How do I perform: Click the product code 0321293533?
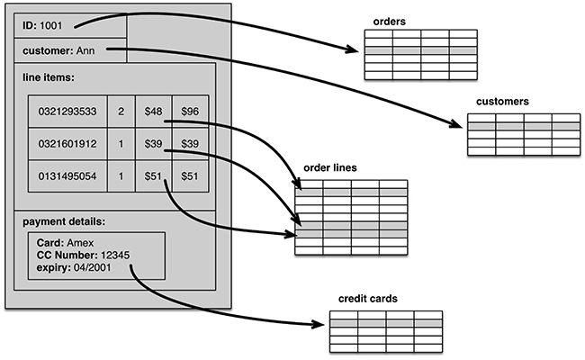point(67,112)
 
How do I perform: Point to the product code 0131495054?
point(67,176)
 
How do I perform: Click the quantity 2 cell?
point(121,112)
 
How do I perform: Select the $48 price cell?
point(154,112)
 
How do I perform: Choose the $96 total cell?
point(190,112)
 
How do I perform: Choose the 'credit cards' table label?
point(368,298)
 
